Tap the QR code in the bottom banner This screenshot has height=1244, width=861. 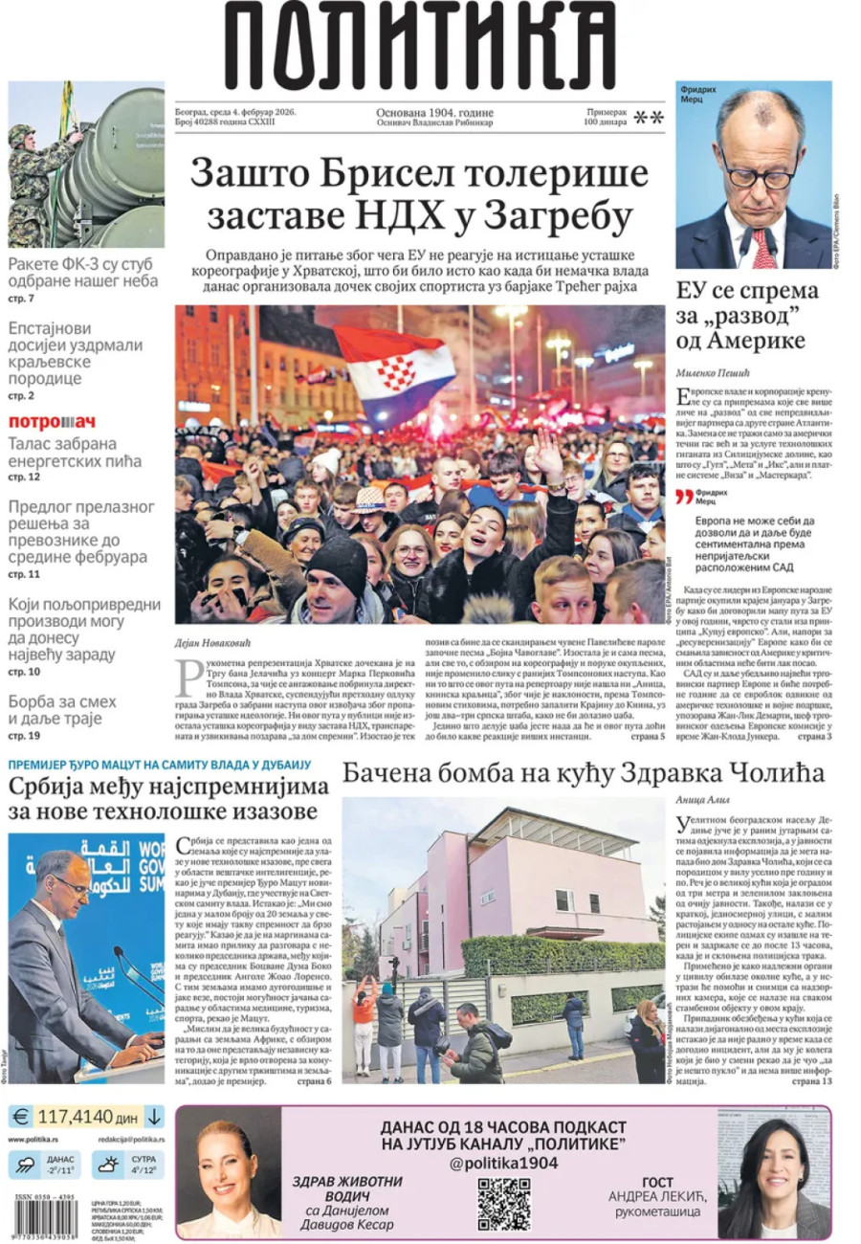(504, 1203)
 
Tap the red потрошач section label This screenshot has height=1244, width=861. (53, 422)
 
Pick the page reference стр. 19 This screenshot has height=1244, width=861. (24, 736)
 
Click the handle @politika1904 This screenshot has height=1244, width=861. (504, 1163)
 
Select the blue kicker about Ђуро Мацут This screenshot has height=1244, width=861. (160, 764)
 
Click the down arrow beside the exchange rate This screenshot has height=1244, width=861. (155, 1116)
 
